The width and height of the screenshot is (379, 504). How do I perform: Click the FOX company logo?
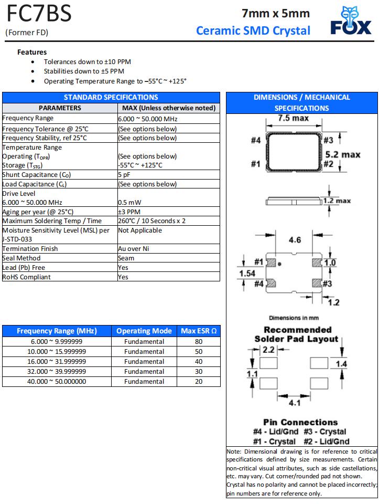pos(351,21)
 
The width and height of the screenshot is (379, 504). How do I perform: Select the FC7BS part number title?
pos(38,14)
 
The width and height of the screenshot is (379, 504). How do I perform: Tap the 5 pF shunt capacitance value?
pos(124,175)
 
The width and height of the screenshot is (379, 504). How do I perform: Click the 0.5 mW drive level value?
pos(129,202)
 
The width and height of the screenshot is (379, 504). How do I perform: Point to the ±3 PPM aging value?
pos(129,212)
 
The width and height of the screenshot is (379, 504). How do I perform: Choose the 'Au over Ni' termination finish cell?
pos(134,248)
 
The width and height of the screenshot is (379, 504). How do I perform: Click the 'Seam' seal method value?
pos(126,258)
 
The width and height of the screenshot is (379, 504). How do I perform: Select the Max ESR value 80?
pos(198,341)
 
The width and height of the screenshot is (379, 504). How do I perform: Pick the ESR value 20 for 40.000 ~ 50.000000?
pos(198,382)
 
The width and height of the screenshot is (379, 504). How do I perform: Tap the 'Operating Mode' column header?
pos(144,331)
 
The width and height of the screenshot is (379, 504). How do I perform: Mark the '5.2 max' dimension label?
pos(343,154)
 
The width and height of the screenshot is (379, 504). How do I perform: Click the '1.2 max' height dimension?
pos(337,201)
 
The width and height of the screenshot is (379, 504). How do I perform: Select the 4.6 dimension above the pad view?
pos(295,240)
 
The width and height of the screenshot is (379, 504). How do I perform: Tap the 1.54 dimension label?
pos(247,274)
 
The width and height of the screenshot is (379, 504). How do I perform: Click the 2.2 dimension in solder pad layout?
pos(268,350)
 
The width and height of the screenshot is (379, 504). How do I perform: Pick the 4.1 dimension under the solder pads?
pos(295,404)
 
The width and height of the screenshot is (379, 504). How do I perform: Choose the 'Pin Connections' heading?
pos(300,422)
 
